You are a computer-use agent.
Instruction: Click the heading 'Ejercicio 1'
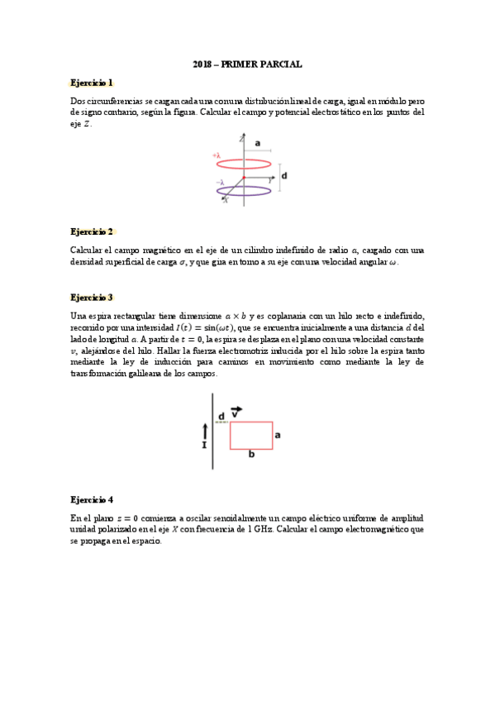(92, 83)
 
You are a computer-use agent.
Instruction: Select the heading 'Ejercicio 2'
(92, 231)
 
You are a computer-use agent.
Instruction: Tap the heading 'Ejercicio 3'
(92, 297)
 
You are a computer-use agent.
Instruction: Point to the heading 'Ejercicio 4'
(92, 499)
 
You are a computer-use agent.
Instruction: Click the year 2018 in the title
(202, 64)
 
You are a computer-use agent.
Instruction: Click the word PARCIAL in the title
(283, 64)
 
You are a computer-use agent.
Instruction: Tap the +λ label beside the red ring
(217, 155)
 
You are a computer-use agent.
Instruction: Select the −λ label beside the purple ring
(219, 183)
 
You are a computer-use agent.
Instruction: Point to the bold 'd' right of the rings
(284, 175)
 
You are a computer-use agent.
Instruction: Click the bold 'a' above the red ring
(258, 143)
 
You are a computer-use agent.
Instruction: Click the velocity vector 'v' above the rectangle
(237, 411)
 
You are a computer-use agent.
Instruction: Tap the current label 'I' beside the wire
(204, 444)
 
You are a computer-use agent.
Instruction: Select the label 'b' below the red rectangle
(251, 454)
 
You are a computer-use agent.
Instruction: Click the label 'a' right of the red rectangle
(278, 433)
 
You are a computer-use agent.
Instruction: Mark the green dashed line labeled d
(221, 422)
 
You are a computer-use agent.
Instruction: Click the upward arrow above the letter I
(204, 430)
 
